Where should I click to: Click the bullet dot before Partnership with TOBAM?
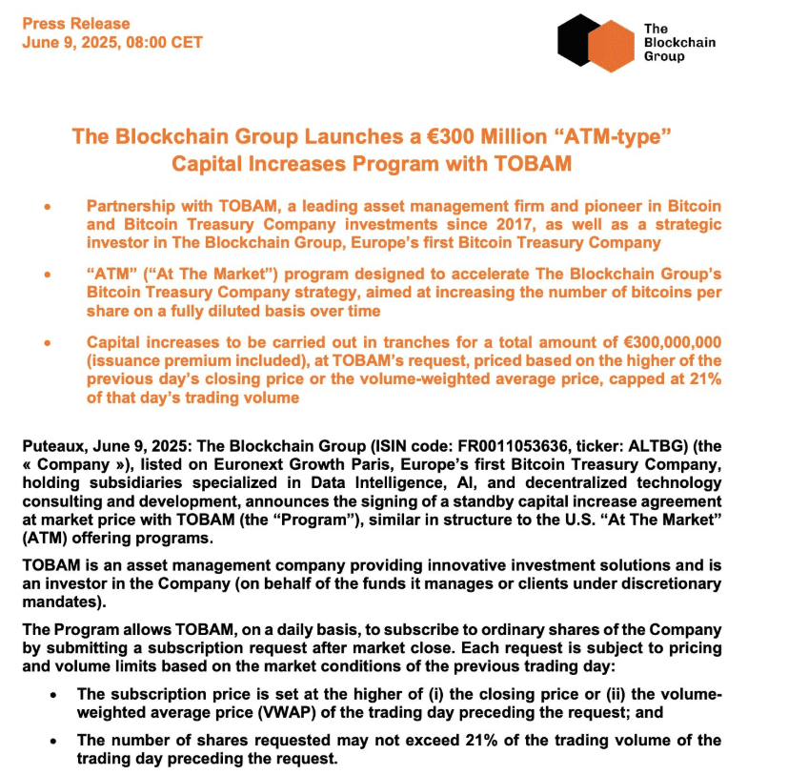pyautogui.click(x=47, y=207)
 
